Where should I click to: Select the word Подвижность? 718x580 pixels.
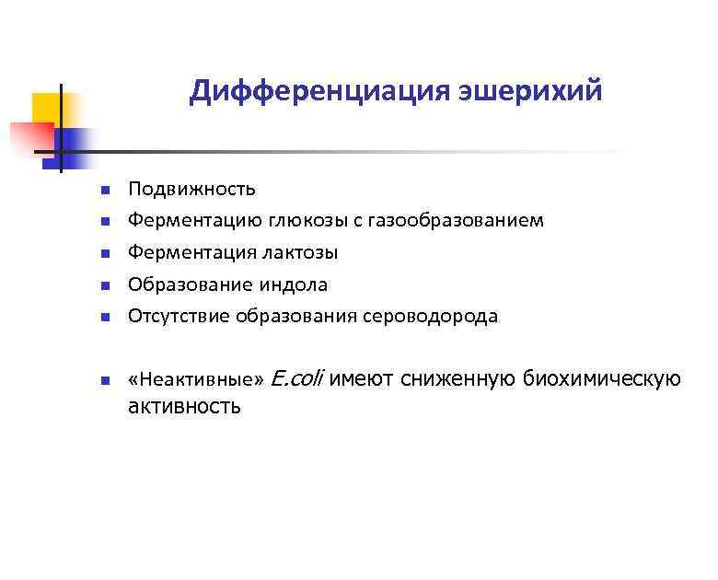click(x=191, y=189)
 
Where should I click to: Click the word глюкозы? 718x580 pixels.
click(x=302, y=221)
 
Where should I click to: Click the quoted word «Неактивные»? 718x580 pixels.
click(x=196, y=379)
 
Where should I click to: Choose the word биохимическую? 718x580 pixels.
click(x=602, y=378)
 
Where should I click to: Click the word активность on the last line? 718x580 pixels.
click(x=184, y=406)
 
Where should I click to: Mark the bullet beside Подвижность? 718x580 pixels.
click(x=106, y=190)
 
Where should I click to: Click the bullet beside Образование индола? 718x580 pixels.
click(x=106, y=285)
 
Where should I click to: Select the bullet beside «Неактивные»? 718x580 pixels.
click(x=106, y=380)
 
